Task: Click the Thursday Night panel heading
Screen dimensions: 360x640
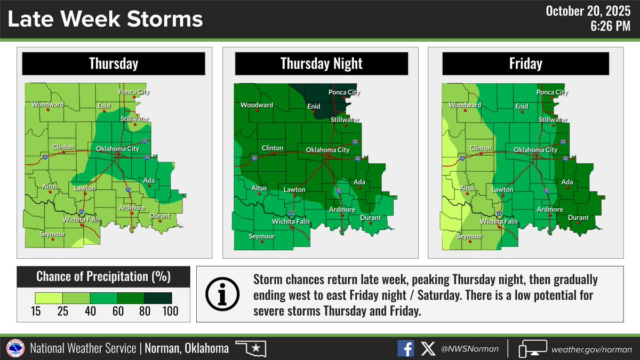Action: tap(322, 64)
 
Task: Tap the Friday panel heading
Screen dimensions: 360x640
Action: tap(526, 64)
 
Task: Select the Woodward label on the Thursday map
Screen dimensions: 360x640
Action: tap(47, 105)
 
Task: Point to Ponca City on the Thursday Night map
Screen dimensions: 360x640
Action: tap(344, 92)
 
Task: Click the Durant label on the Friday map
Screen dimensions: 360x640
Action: tap(578, 218)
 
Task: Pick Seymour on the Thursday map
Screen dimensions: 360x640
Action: tap(52, 234)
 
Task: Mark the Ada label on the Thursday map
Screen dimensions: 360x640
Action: tap(149, 181)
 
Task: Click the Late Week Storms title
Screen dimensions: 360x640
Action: tap(106, 20)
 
